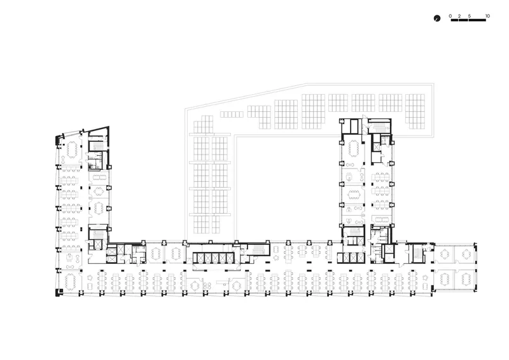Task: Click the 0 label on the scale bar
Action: pos(450,16)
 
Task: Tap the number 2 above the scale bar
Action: pos(459,16)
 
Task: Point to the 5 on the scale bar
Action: pos(470,16)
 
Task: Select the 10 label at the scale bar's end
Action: pos(487,16)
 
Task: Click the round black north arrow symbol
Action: pos(437,18)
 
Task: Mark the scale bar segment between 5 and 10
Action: pos(477,20)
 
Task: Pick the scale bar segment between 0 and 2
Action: pos(455,20)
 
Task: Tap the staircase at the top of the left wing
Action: pos(98,146)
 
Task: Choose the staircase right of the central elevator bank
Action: pos(259,250)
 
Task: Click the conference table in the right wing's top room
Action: pos(353,148)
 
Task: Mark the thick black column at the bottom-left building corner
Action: pos(59,292)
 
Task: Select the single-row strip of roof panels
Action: pos(232,114)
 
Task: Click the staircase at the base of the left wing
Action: pos(98,233)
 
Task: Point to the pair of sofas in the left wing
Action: pos(100,177)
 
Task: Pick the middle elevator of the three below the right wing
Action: pos(353,258)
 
